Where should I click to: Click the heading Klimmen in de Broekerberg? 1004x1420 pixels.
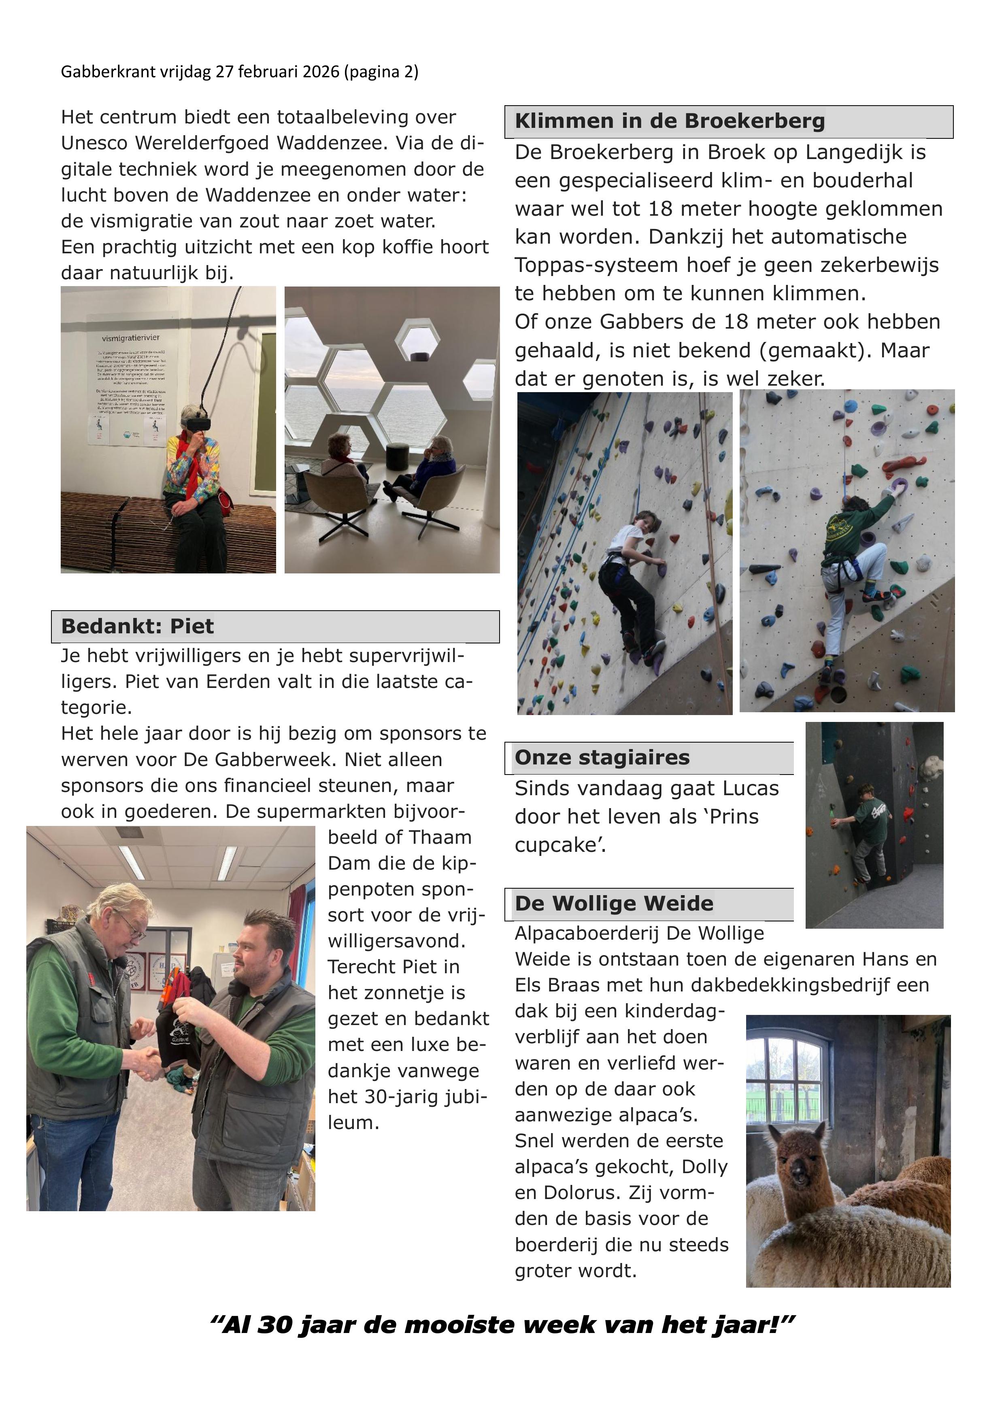pos(669,121)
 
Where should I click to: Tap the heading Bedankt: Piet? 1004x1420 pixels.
pos(137,626)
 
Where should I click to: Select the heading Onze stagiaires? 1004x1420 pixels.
pos(602,758)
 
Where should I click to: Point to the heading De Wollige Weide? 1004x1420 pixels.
pos(614,904)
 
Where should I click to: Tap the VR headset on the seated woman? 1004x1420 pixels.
pos(197,423)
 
